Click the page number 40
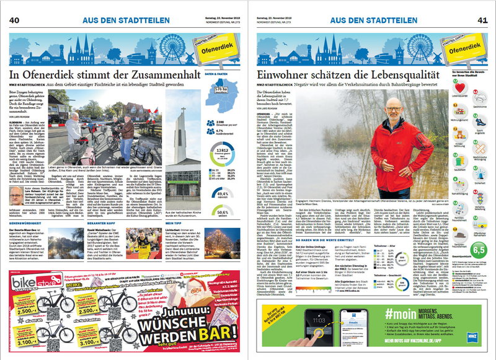(x=14, y=20)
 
